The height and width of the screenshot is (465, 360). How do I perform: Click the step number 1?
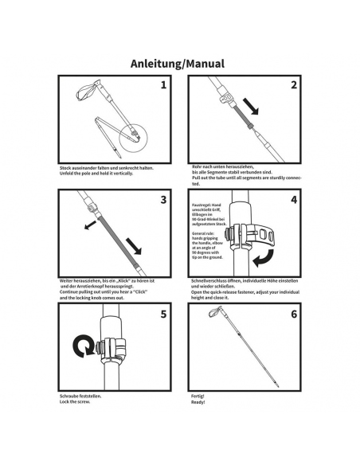(163, 84)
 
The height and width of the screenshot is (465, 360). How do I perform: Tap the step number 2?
(292, 84)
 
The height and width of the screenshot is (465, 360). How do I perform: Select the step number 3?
(163, 199)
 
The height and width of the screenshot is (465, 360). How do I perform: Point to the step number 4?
(292, 199)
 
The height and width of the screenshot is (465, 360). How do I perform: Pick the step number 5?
(163, 314)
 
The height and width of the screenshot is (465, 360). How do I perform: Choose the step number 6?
(292, 314)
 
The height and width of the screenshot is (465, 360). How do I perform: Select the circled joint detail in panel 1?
(131, 140)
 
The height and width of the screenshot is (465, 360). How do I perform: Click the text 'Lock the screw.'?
(76, 402)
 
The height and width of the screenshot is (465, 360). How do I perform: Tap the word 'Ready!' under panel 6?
(199, 402)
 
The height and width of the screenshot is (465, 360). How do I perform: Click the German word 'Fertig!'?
(199, 396)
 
